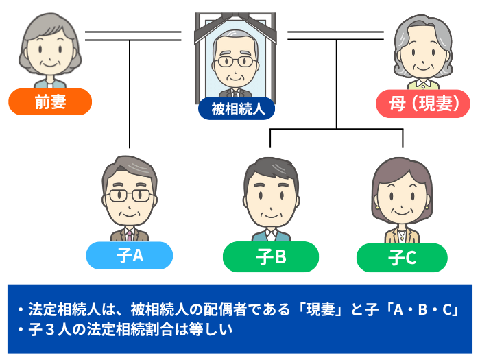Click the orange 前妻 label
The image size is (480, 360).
pos(50,102)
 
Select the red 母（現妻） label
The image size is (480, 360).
pos(423,104)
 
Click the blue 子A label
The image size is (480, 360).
pos(129,256)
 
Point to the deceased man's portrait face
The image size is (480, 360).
pos(233,65)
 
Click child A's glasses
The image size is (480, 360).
pos(129,195)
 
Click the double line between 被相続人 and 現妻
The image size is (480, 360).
pos(336,35)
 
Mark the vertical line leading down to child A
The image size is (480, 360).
pos(130,96)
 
